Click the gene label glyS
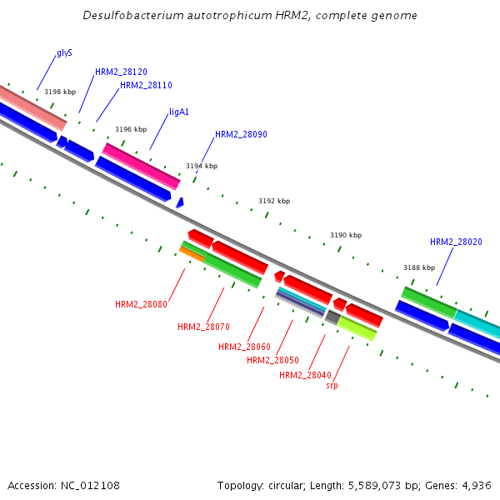pyautogui.click(x=64, y=52)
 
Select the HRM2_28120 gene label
pyautogui.click(x=121, y=72)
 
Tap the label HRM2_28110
pyautogui.click(x=146, y=85)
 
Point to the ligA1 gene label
pyautogui.click(x=179, y=112)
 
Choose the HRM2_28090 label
pyautogui.click(x=241, y=134)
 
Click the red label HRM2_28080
pyautogui.click(x=141, y=304)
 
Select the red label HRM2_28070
pyautogui.click(x=203, y=327)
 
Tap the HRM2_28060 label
pyautogui.click(x=244, y=347)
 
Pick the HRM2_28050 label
pyautogui.click(x=272, y=360)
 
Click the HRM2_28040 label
pyautogui.click(x=305, y=375)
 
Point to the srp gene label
pyautogui.click(x=332, y=385)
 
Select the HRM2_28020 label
pyautogui.click(x=456, y=242)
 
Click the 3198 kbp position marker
pyautogui.click(x=60, y=92)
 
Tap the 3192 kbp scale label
pyautogui.click(x=274, y=201)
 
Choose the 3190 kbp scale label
pyautogui.click(x=346, y=235)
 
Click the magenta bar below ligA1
pyautogui.click(x=141, y=166)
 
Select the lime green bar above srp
pyautogui.click(x=357, y=328)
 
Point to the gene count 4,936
pyautogui.click(x=476, y=485)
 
